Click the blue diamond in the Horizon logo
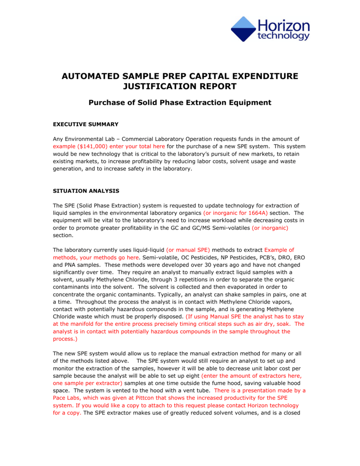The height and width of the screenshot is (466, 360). pos(243,29)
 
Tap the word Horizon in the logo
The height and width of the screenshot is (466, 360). pos(284,25)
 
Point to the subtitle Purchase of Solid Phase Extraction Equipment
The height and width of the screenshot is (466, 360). pos(180,102)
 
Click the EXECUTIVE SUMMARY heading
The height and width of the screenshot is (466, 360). pos(86,124)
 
